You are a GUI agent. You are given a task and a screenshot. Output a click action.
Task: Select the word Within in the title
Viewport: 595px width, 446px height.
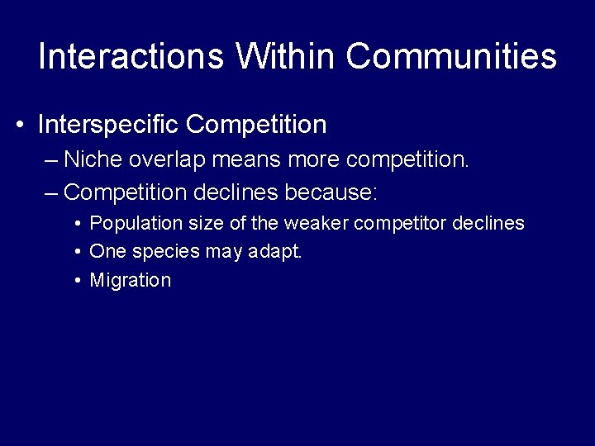point(285,56)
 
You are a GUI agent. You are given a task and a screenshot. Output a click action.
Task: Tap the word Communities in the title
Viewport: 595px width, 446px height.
point(451,56)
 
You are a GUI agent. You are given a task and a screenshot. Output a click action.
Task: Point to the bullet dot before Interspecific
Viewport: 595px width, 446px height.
point(19,126)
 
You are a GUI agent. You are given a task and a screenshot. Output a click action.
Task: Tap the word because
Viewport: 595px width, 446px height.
point(331,192)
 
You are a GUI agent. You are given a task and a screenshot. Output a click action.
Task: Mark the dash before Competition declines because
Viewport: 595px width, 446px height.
point(51,193)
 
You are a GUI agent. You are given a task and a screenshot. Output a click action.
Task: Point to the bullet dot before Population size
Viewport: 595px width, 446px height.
point(76,224)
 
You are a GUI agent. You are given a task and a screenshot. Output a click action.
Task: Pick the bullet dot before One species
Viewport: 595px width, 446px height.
point(76,252)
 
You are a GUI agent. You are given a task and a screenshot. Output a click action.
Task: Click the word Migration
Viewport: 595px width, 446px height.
point(130,280)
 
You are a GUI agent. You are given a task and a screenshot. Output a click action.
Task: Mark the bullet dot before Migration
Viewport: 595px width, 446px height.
point(76,280)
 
